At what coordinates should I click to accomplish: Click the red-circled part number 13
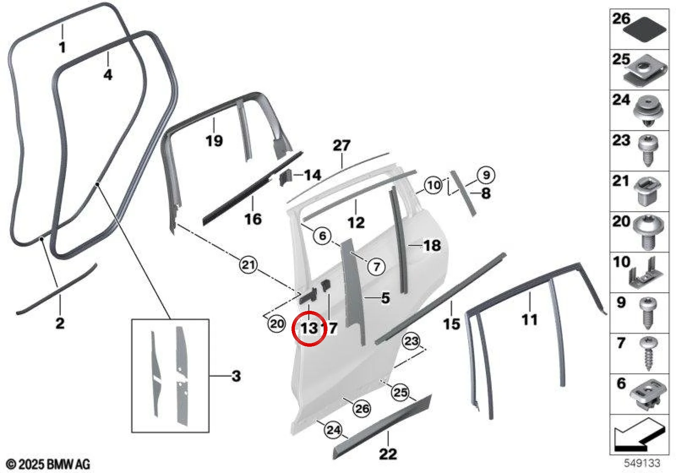coord(309,328)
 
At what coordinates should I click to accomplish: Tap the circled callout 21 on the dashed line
coord(248,265)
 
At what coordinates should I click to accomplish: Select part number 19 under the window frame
coord(214,141)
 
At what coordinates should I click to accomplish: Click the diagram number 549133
coord(642,463)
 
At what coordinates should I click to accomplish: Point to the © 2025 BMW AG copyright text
coord(48,464)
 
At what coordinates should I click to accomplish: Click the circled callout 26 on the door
coord(362,408)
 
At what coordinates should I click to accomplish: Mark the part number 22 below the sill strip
coord(388,454)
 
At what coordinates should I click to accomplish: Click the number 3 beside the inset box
coord(236,376)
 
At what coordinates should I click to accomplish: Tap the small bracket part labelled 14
coord(286,177)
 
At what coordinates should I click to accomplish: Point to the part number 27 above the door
coord(341,145)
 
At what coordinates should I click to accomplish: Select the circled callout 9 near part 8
coord(486,175)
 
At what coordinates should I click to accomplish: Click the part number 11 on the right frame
coord(530,319)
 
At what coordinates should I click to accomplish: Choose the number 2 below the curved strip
coord(60,323)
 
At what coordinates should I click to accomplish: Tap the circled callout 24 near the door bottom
coord(333,430)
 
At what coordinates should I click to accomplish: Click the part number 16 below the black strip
coord(253,219)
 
